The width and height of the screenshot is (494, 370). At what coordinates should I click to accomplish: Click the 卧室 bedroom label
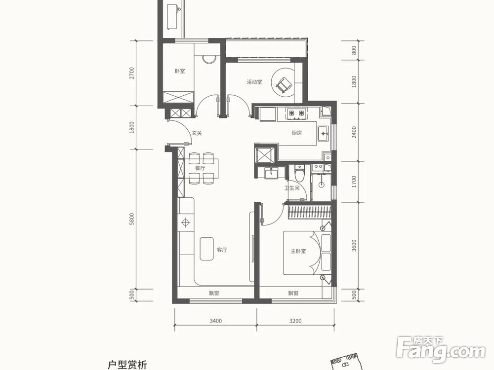click(x=180, y=71)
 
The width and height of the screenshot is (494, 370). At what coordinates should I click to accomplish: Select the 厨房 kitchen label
click(x=296, y=133)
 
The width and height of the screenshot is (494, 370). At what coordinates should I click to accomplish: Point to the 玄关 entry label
click(x=197, y=133)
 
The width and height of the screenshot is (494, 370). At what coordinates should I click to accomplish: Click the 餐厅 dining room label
click(x=200, y=168)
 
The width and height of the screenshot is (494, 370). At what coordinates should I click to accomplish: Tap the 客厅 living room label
click(x=222, y=250)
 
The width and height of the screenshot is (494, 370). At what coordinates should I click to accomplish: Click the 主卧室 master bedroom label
click(x=298, y=251)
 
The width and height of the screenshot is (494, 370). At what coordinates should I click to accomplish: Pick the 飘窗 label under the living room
click(x=214, y=294)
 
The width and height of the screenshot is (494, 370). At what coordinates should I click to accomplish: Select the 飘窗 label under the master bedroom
click(x=293, y=294)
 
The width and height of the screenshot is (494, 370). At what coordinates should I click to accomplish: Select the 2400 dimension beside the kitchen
click(x=354, y=132)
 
